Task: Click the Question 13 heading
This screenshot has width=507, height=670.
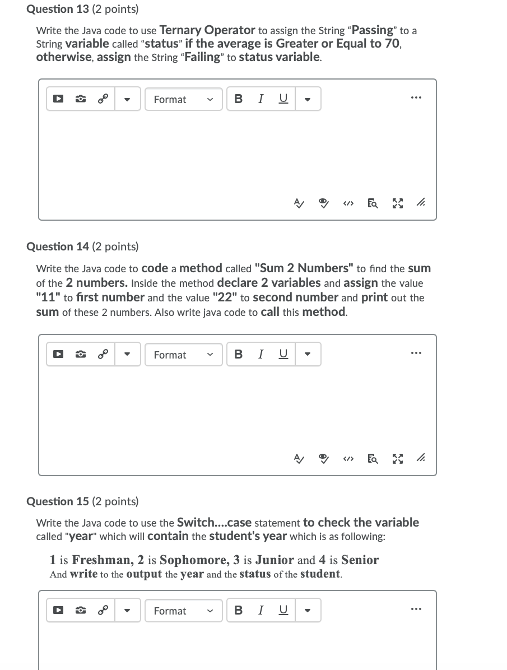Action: pos(83,10)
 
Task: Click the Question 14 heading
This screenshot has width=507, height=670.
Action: pos(83,246)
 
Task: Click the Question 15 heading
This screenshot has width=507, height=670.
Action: pos(83,501)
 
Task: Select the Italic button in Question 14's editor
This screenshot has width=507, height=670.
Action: pos(261,355)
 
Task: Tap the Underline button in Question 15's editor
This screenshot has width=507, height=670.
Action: pos(283,611)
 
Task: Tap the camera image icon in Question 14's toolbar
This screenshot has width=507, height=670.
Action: pos(81,355)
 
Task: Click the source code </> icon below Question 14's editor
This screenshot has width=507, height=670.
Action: pos(348,460)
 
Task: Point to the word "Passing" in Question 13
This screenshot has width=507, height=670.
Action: pos(373,30)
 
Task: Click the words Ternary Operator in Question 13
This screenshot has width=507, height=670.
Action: pos(207,30)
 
